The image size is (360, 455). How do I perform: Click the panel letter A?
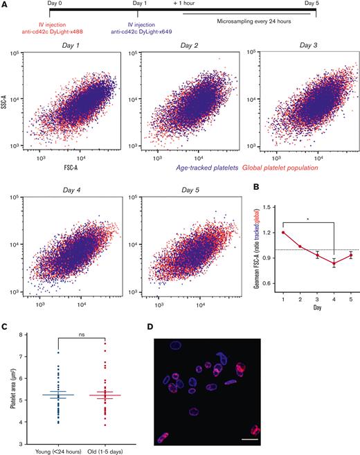coord(5,4)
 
